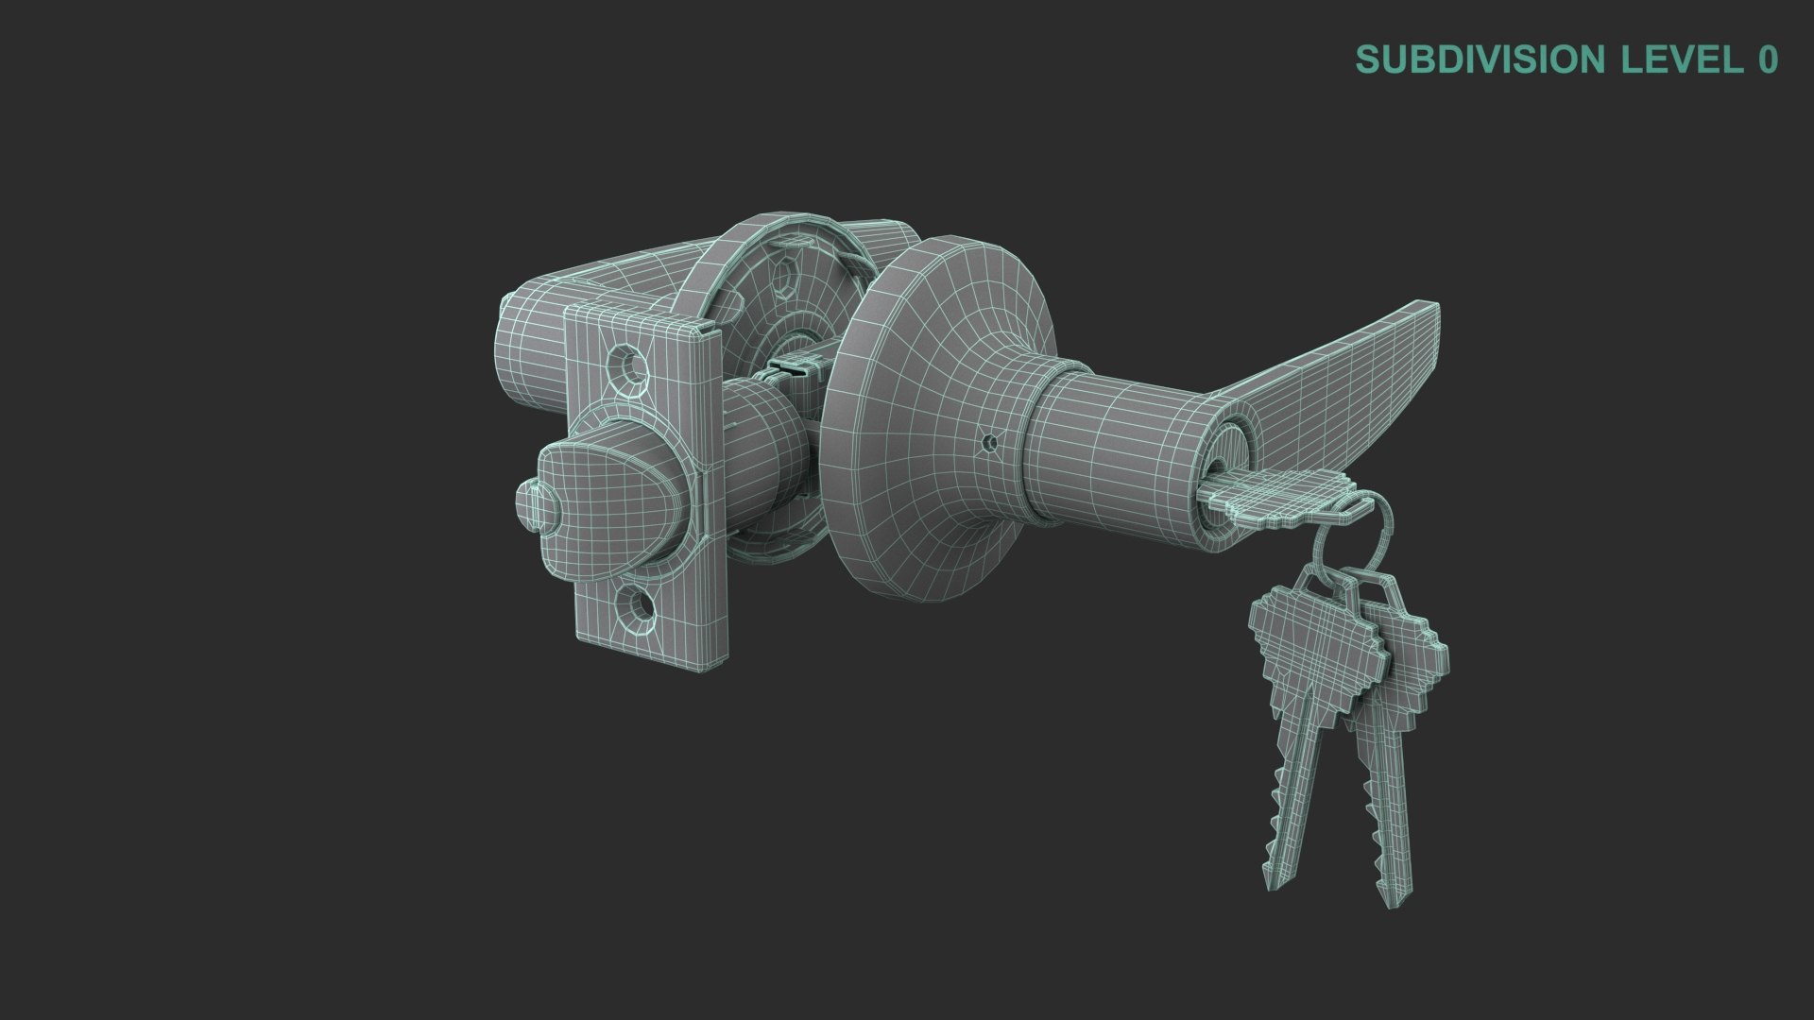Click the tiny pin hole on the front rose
(989, 441)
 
